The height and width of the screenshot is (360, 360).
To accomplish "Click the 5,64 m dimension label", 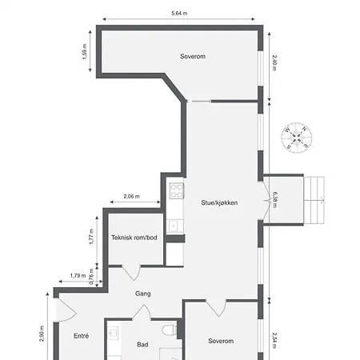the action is coord(179,13).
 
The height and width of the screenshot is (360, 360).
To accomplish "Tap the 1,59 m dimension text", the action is coord(85,51).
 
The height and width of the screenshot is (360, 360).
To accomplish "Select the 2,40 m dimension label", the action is coord(274,62).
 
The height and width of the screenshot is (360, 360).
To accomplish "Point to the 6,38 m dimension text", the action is coord(274,200).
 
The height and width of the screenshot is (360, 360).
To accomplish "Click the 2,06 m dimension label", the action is coord(131,197).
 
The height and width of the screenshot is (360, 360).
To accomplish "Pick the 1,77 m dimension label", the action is coord(91,237).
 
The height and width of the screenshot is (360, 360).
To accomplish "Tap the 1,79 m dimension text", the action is coord(78,275).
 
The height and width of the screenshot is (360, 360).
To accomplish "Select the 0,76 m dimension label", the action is coord(91,277).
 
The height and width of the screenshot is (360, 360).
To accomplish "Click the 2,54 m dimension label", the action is coord(274,340).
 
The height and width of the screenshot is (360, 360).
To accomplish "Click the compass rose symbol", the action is coord(297,138).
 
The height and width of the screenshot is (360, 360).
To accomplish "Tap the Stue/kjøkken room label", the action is coord(219,203).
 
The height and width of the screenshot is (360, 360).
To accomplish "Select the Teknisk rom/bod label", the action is coord(134,238).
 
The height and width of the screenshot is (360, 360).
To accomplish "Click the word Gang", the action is coord(143,294).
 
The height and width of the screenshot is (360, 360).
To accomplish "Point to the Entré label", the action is coord(82,336).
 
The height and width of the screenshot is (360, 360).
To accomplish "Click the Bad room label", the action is coord(142,345).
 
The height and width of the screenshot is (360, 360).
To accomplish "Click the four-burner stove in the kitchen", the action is coord(177,190).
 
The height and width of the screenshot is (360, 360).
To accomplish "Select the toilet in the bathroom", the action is coord(169,330).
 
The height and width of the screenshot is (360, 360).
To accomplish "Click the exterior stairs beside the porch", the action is coord(314,200).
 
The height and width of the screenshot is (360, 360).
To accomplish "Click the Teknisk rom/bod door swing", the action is coord(131,273).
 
